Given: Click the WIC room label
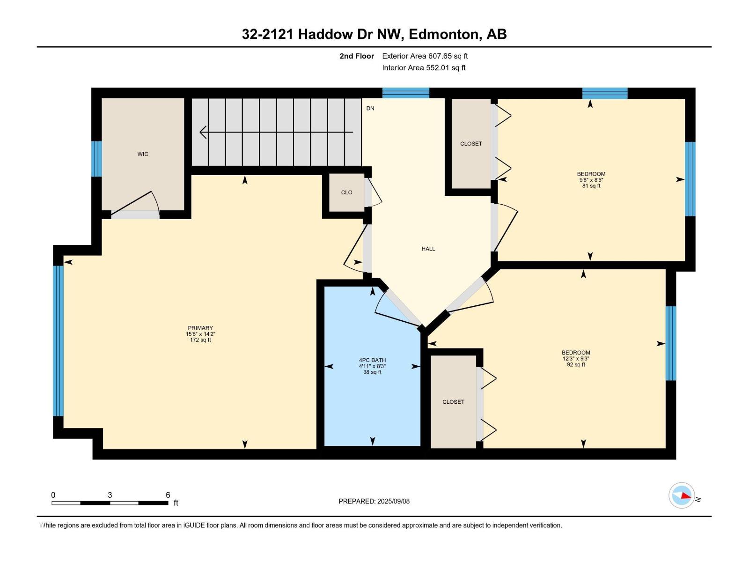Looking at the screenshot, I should coord(143,154).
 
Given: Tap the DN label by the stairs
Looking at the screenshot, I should coord(370,108).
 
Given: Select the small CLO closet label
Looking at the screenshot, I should coord(346,192).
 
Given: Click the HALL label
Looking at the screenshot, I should coord(428,249).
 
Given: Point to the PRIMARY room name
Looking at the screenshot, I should coord(200,328).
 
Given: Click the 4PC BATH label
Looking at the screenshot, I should coord(372,360).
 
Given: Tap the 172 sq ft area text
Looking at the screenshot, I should coord(200,340).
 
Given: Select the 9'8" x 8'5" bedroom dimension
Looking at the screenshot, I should coord(591,180).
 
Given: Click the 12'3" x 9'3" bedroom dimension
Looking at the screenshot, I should coord(576,359).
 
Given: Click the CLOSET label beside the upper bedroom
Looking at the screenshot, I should coord(471,144).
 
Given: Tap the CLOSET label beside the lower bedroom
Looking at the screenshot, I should coord(453,402).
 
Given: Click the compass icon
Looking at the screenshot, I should coord(681,495).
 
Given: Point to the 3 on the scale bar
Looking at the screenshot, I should coord(110,495).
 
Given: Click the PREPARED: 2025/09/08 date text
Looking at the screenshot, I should coord(374,501).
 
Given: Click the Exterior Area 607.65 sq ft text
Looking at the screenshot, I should coord(425,56).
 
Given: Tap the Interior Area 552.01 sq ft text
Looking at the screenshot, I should coord(424,68).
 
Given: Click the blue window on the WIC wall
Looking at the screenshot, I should coord(96,159).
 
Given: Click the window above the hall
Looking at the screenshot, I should coord(405,93).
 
